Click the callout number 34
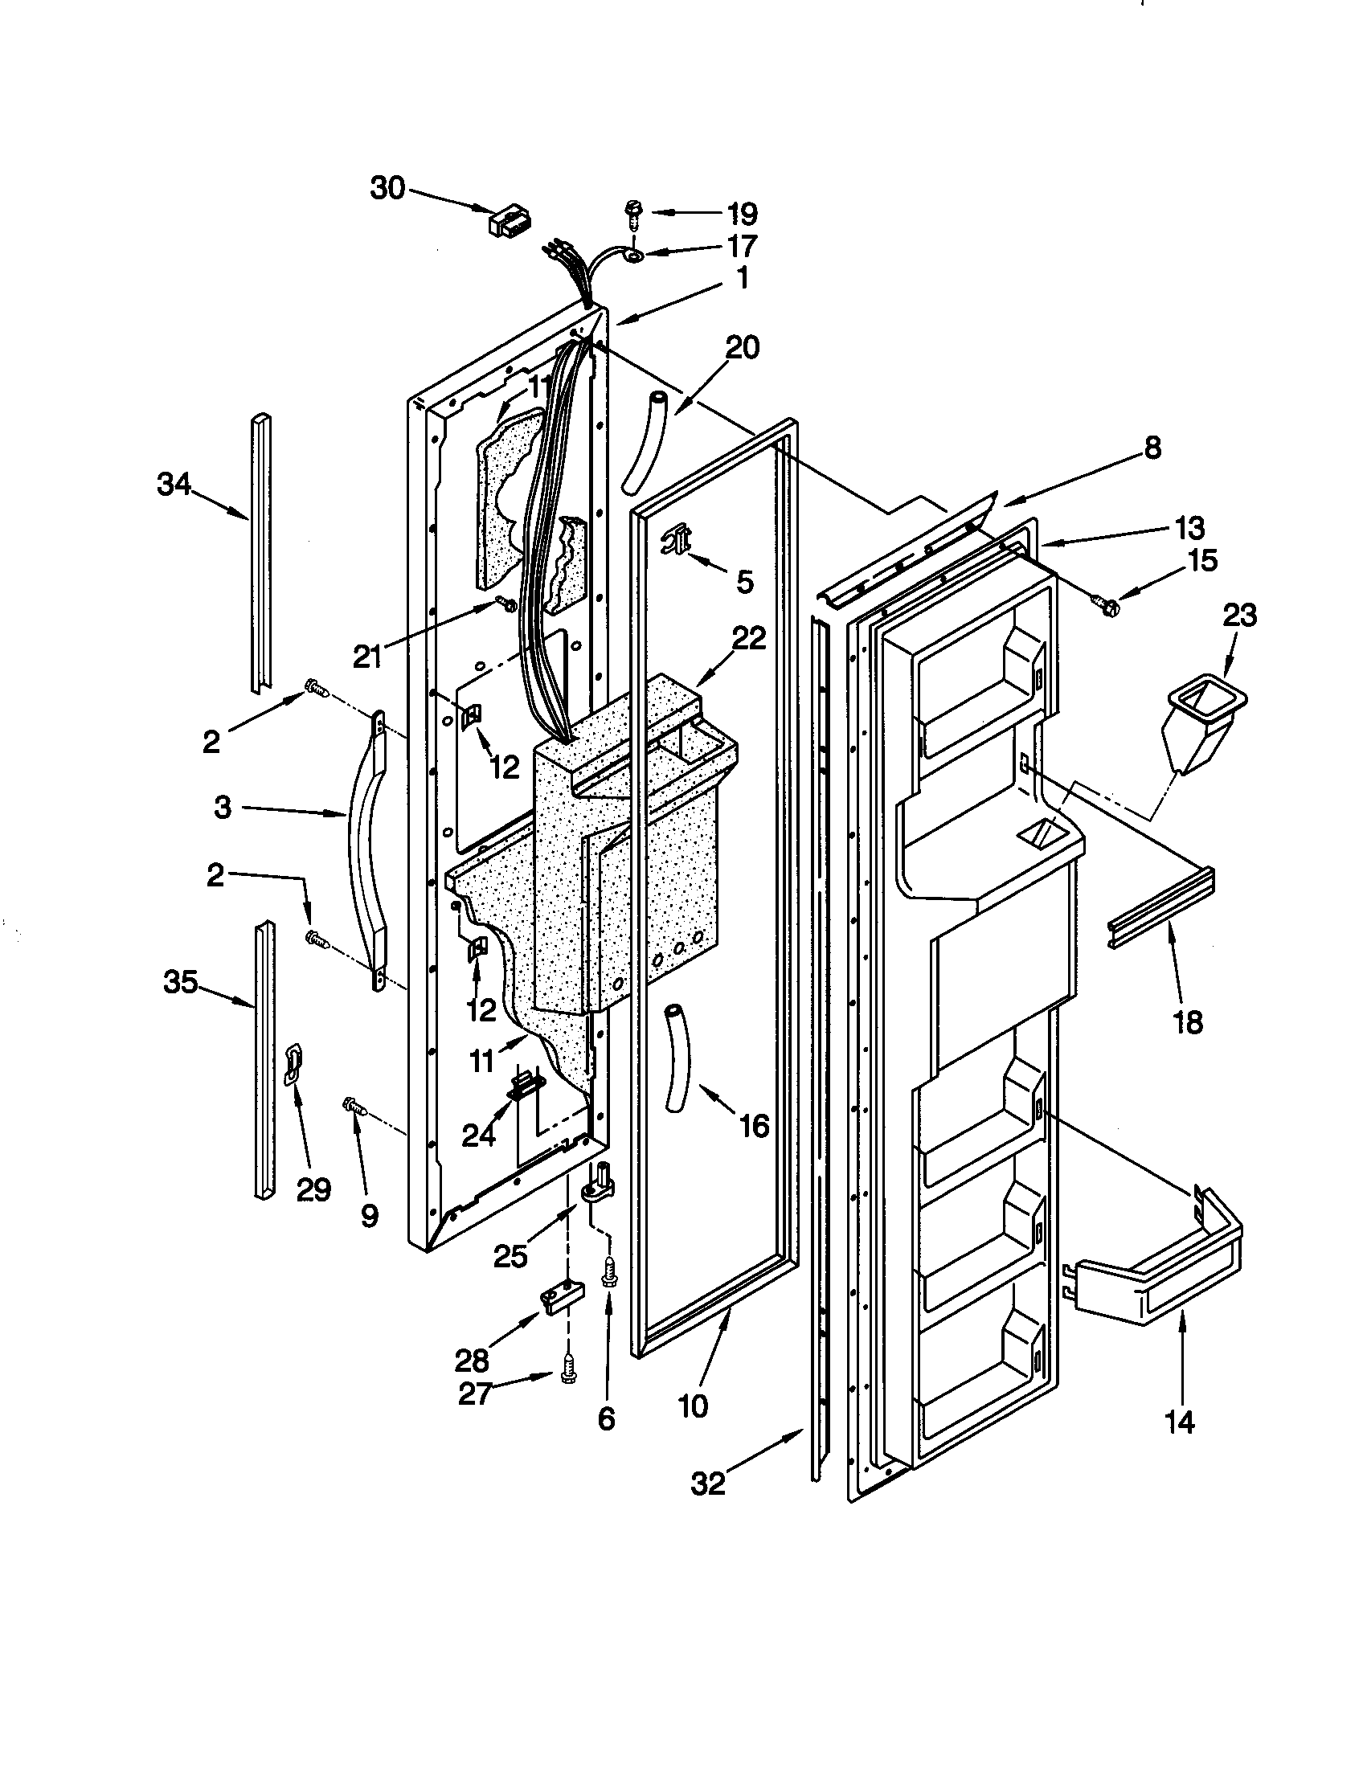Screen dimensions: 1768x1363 coord(174,485)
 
